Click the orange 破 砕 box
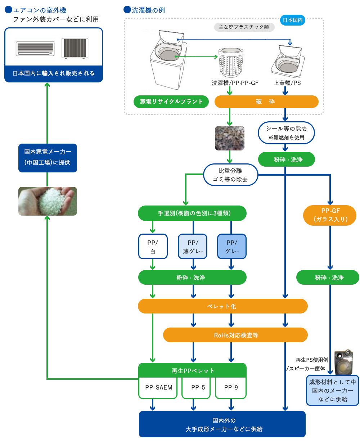pyautogui.click(x=266, y=102)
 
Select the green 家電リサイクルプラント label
pyautogui.click(x=171, y=102)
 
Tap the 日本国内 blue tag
pyautogui.click(x=292, y=20)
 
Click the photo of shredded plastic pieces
pyautogui.click(x=230, y=138)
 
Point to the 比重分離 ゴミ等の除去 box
pyautogui.click(x=230, y=175)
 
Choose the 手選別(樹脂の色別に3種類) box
pyautogui.click(x=192, y=213)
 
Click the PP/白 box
pyautogui.click(x=153, y=247)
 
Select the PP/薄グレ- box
pyautogui.click(x=193, y=247)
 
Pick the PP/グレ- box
pyautogui.click(x=232, y=247)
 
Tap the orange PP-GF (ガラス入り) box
pyautogui.click(x=330, y=215)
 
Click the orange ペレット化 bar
pyautogui.click(x=222, y=306)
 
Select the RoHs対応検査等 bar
pyautogui.click(x=235, y=335)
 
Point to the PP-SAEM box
pyautogui.click(x=158, y=388)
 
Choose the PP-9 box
pyautogui.click(x=231, y=388)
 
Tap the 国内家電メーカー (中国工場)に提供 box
pyautogui.click(x=48, y=157)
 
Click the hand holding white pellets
pyautogui.click(x=48, y=201)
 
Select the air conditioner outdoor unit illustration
pyautogui.click(x=75, y=48)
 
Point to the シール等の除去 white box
pyautogui.click(x=287, y=133)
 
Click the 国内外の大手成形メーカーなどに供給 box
pyautogui.click(x=222, y=425)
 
